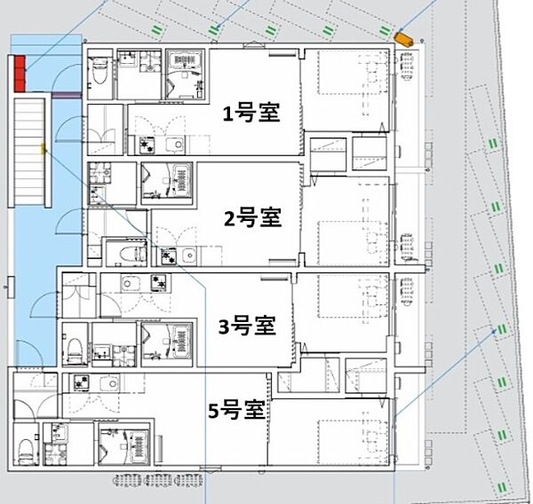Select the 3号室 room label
coord(247,326)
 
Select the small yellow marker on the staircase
coord(43,149)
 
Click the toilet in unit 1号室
coord(99,72)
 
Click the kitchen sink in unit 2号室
coord(187,257)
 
